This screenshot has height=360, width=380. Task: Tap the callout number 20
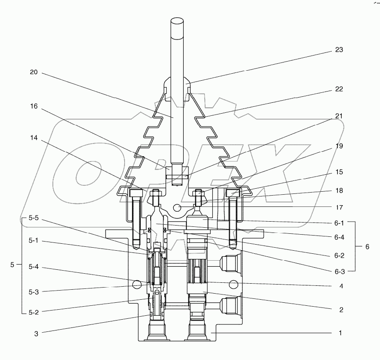[34, 73]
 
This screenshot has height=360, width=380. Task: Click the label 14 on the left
[34, 138]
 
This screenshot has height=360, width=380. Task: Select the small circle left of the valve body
[137, 285]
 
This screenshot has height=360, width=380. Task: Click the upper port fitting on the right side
[229, 262]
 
